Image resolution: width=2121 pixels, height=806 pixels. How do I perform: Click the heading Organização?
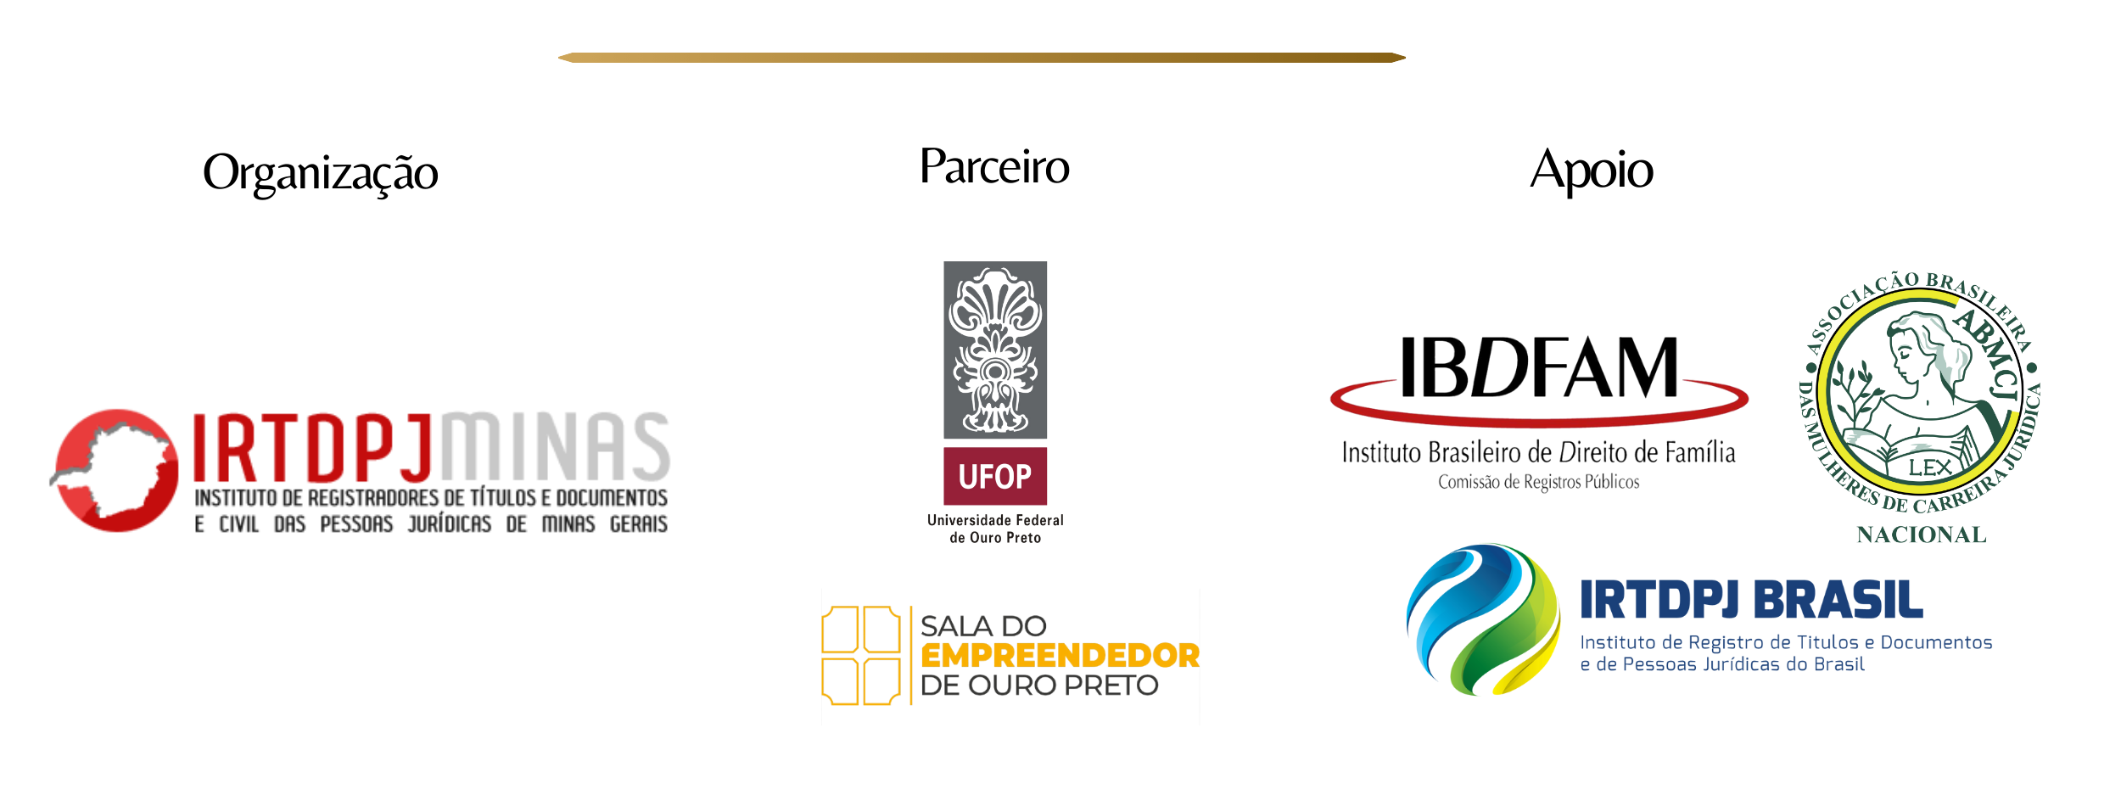(321, 174)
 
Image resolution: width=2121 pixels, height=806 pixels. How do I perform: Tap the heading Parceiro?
(994, 166)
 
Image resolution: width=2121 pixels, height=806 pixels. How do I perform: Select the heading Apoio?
(1592, 171)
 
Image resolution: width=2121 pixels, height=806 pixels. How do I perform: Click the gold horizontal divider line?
(982, 58)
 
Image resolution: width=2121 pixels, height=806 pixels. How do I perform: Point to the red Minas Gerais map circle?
(116, 470)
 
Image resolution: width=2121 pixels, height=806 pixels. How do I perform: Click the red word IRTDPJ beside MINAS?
(313, 446)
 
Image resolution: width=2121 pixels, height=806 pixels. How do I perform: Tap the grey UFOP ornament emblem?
(995, 350)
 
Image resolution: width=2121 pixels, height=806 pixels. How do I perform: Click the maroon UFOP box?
(995, 476)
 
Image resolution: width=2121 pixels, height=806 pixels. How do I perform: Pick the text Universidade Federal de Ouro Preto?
(995, 529)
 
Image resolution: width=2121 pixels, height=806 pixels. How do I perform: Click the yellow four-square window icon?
(860, 655)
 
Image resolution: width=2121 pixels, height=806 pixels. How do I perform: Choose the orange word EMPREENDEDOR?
(1060, 656)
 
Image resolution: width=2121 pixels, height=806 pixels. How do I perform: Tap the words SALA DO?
(983, 626)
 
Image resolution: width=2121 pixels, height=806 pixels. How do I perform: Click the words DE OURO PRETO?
(1039, 686)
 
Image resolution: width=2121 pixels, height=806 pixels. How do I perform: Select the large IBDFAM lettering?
(1539, 367)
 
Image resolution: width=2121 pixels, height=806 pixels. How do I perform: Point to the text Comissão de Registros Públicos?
(1538, 482)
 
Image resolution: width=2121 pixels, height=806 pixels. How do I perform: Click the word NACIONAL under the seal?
(1922, 535)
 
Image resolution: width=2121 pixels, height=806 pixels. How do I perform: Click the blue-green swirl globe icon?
(1483, 619)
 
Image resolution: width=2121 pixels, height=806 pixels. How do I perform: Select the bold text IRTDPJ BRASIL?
(1751, 601)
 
